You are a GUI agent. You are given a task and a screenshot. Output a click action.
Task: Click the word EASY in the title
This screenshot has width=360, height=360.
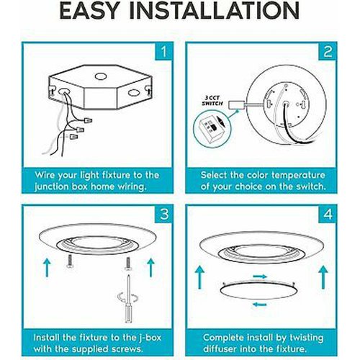[90, 11]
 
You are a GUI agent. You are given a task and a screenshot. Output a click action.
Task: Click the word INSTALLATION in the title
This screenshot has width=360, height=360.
[215, 11]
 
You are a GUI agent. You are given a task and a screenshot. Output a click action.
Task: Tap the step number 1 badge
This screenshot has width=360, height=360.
[163, 51]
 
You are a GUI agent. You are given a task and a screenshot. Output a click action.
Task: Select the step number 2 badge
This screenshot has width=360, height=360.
[328, 51]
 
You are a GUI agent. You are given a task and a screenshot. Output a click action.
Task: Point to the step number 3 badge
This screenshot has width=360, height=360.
[164, 214]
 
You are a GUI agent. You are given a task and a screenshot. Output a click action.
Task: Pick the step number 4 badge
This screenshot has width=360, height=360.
[328, 214]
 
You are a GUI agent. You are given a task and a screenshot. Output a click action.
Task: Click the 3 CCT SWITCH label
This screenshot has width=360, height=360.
[212, 101]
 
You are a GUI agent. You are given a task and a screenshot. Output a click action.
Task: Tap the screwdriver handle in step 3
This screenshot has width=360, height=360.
[128, 313]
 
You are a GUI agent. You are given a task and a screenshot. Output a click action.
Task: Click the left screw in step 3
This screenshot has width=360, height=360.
[69, 261]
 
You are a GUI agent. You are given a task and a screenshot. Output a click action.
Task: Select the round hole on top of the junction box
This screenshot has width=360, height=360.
[101, 76]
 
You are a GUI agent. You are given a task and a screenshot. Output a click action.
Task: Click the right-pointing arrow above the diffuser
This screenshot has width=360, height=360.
[260, 276]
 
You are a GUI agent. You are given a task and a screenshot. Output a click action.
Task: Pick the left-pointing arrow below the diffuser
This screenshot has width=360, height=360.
[260, 305]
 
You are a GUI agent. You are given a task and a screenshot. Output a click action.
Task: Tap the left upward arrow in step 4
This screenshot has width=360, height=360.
[199, 277]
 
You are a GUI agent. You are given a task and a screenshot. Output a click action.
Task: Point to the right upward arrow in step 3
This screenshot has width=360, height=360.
[150, 267]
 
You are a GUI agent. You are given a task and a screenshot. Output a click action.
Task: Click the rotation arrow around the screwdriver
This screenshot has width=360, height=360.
[128, 297]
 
